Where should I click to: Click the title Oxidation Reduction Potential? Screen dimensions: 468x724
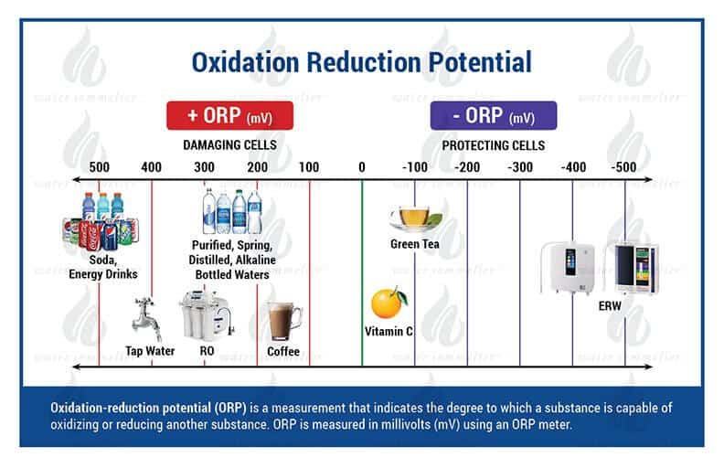[361, 62]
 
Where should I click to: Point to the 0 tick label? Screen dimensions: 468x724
[361, 167]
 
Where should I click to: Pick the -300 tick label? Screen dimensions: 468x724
[520, 167]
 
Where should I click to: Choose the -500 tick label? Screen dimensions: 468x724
[625, 167]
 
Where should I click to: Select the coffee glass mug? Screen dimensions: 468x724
[283, 320]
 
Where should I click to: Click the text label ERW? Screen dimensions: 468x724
[611, 305]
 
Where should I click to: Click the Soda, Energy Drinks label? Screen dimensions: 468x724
[102, 268]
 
